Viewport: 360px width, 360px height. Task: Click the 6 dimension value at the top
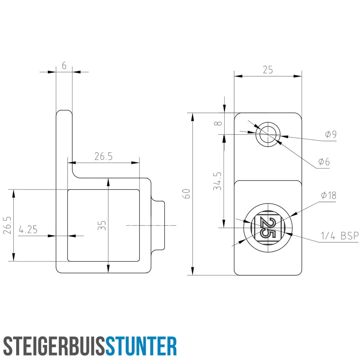pyautogui.click(x=64, y=66)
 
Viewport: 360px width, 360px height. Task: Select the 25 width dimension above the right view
pyautogui.click(x=268, y=70)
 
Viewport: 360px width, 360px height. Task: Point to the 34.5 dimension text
pyautogui.click(x=217, y=181)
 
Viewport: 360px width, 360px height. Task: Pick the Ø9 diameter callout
pyautogui.click(x=331, y=134)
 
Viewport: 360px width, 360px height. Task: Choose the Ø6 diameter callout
pyautogui.click(x=324, y=162)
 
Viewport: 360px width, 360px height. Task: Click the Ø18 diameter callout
pyautogui.click(x=329, y=195)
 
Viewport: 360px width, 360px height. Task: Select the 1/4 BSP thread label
pyautogui.click(x=340, y=236)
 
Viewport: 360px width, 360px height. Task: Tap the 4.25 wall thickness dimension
pyautogui.click(x=28, y=230)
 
